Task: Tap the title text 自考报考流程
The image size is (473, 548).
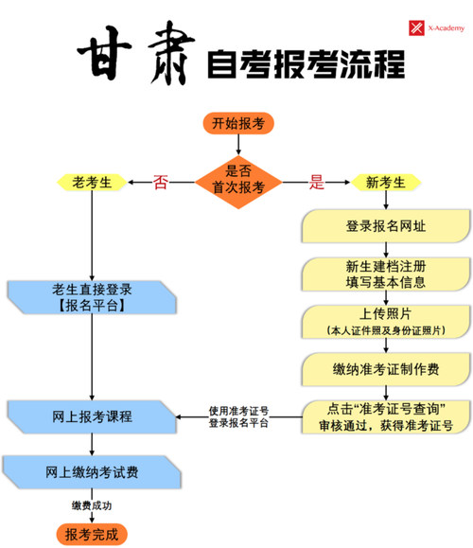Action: [305, 64]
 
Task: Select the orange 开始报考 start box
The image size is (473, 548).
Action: [237, 123]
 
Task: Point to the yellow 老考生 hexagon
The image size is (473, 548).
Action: [92, 181]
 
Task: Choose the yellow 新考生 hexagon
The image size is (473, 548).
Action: [385, 182]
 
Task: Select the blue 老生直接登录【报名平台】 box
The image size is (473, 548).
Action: [92, 296]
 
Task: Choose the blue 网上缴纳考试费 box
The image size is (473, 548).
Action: [92, 471]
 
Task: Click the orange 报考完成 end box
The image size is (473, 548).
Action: [92, 535]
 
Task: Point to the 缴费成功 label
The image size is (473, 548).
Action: [92, 504]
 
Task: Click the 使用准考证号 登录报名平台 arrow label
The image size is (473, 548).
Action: [238, 416]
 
